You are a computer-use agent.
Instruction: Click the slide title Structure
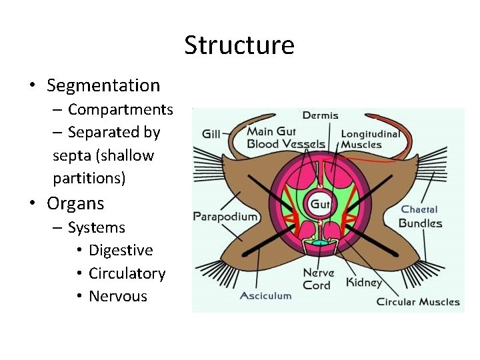(239, 45)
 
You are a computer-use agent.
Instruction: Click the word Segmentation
(103, 85)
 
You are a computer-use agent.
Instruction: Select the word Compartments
(120, 109)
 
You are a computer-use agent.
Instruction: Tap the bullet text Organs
(75, 203)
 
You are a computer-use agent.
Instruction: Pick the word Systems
(96, 227)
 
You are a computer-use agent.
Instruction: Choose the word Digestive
(121, 250)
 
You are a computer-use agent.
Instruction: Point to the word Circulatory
(127, 273)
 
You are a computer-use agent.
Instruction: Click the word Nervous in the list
(117, 296)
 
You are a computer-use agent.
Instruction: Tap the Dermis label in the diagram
(321, 115)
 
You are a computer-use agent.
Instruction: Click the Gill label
(211, 133)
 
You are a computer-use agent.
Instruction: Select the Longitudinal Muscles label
(371, 139)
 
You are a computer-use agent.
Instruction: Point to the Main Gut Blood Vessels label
(286, 138)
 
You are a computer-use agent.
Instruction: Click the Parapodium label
(225, 216)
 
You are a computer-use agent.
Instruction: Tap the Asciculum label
(265, 295)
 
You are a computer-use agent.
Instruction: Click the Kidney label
(364, 282)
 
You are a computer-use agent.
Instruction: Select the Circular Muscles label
(418, 301)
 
